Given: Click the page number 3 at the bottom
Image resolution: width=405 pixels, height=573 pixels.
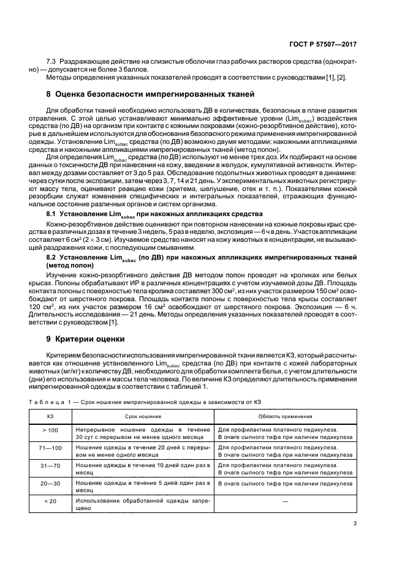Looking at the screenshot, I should (x=355, y=523).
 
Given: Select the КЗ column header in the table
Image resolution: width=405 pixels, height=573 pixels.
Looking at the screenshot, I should (x=50, y=416).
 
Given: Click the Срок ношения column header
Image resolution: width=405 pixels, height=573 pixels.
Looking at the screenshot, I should (x=145, y=416).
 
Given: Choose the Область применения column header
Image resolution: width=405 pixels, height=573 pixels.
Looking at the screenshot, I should (x=286, y=416).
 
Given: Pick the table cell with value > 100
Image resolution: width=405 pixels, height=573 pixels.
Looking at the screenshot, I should (x=50, y=430).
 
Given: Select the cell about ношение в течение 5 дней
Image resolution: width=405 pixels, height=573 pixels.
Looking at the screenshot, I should (x=145, y=487).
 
